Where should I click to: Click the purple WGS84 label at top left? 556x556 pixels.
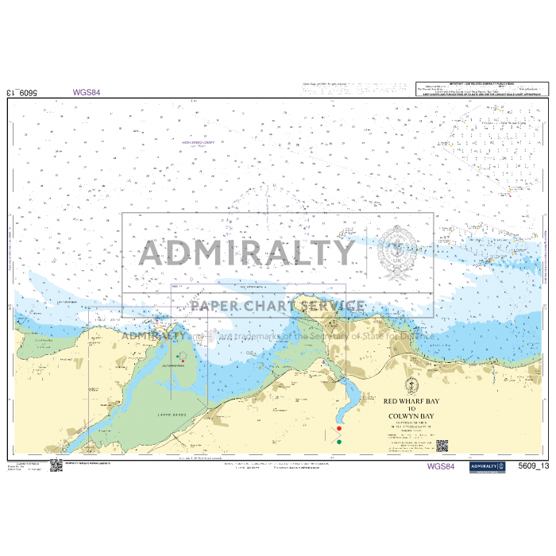click(87, 92)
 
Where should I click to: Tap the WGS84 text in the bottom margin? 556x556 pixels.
click(441, 466)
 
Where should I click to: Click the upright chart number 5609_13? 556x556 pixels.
click(533, 466)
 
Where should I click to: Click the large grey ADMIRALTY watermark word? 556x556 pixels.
click(246, 253)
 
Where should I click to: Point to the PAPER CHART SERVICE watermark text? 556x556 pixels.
click(277, 306)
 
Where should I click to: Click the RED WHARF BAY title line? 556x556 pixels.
click(411, 402)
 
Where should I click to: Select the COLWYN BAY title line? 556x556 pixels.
click(411, 415)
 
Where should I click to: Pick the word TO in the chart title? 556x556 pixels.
click(411, 409)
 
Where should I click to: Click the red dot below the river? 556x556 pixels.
click(339, 429)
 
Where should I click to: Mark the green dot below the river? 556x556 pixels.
click(339, 442)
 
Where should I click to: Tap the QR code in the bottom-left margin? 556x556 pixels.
click(56, 465)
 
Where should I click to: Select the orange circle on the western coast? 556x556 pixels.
click(162, 327)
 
